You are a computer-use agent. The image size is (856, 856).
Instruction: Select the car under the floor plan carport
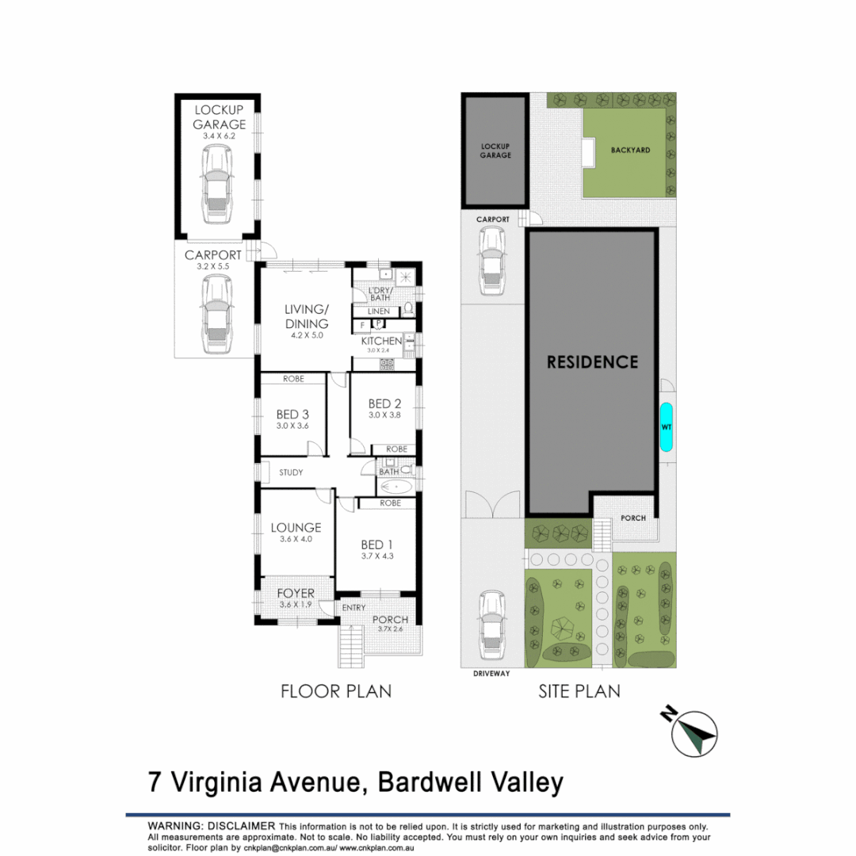(216, 315)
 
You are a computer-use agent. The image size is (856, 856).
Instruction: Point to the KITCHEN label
(381, 341)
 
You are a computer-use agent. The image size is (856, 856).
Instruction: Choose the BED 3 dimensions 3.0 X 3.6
(292, 426)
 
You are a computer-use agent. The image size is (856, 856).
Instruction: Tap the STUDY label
(292, 473)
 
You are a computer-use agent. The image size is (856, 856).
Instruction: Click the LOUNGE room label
(295, 527)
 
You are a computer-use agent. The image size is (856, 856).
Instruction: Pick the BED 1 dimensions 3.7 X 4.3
(377, 556)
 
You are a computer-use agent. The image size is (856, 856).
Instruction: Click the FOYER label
(295, 593)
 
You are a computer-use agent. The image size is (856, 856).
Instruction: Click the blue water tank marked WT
(666, 427)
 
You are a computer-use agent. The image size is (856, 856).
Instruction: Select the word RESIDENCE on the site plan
(593, 362)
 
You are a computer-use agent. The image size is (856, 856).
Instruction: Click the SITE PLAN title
(579, 691)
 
